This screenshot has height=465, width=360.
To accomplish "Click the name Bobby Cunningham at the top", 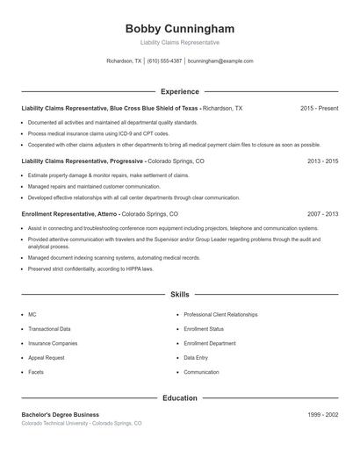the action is pyautogui.click(x=179, y=28).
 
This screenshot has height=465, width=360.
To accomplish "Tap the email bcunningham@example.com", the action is pyautogui.click(x=220, y=61).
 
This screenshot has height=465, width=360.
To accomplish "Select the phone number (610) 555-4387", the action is pyautogui.click(x=165, y=61).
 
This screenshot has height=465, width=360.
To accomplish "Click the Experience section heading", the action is pyautogui.click(x=179, y=91).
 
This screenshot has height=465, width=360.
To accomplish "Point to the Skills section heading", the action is pyautogui.click(x=179, y=295).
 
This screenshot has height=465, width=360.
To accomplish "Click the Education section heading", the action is pyautogui.click(x=179, y=397).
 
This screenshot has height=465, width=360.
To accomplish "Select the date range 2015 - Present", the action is pyautogui.click(x=319, y=108).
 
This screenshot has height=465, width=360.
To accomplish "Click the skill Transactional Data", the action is pyautogui.click(x=49, y=329).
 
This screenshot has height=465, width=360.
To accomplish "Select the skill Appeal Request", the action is pyautogui.click(x=46, y=358).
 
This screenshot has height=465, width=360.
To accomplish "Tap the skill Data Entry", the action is pyautogui.click(x=196, y=358).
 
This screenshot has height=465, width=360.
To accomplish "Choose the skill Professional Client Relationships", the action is pyautogui.click(x=220, y=314).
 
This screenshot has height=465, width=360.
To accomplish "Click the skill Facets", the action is pyautogui.click(x=36, y=372).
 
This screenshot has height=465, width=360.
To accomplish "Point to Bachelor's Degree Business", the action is pyautogui.click(x=61, y=414).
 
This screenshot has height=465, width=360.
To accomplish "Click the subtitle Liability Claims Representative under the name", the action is pyautogui.click(x=179, y=42).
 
